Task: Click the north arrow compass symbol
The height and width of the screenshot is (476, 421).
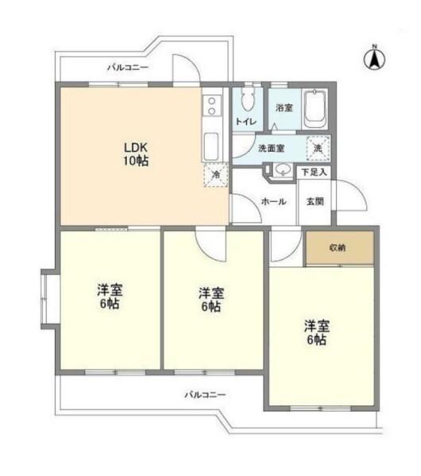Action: pyautogui.click(x=373, y=57)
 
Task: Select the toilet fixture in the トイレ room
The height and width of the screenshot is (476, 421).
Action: pyautogui.click(x=246, y=101)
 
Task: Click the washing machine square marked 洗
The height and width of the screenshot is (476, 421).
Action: pyautogui.click(x=318, y=148)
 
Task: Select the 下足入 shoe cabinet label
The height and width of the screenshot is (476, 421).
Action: pyautogui.click(x=312, y=171)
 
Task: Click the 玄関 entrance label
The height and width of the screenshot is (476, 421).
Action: pyautogui.click(x=315, y=202)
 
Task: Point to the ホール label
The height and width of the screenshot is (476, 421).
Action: pyautogui.click(x=274, y=202)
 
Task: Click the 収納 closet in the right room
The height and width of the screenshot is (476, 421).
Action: pyautogui.click(x=339, y=248)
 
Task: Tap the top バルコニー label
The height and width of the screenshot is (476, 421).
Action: pyautogui.click(x=128, y=68)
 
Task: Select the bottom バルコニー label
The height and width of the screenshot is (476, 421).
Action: pyautogui.click(x=206, y=393)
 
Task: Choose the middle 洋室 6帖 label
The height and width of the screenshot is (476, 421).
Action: pyautogui.click(x=210, y=299)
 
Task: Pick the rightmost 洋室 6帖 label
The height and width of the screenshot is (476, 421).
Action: pyautogui.click(x=316, y=332)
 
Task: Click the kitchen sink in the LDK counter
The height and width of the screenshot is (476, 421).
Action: pyautogui.click(x=212, y=145)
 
